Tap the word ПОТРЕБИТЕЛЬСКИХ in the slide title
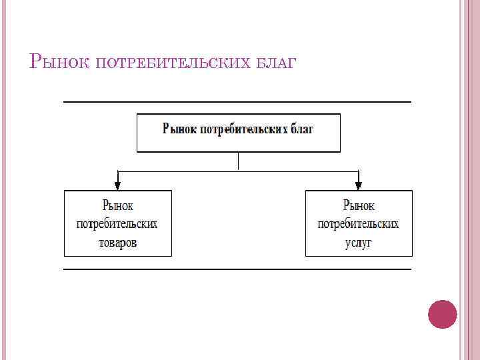[174, 64]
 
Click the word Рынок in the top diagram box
[180, 129]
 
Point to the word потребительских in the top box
[244, 129]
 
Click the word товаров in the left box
[117, 243]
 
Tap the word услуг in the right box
[359, 243]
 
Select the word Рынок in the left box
[117, 206]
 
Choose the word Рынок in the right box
[359, 206]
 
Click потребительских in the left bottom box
[117, 224]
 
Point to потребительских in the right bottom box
[359, 224]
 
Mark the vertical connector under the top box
[238, 161]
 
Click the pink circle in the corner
[442, 314]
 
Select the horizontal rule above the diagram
[237, 102]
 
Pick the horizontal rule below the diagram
[237, 269]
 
